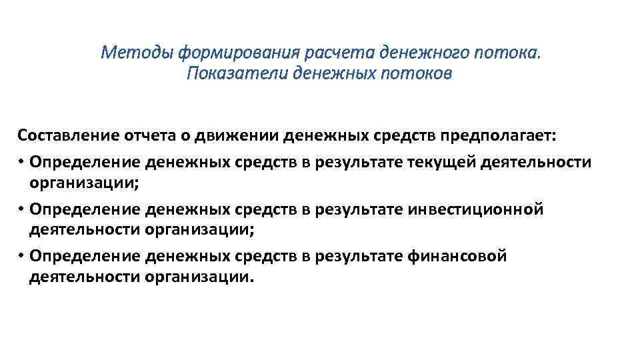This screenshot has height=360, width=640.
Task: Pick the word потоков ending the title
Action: point(417,73)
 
